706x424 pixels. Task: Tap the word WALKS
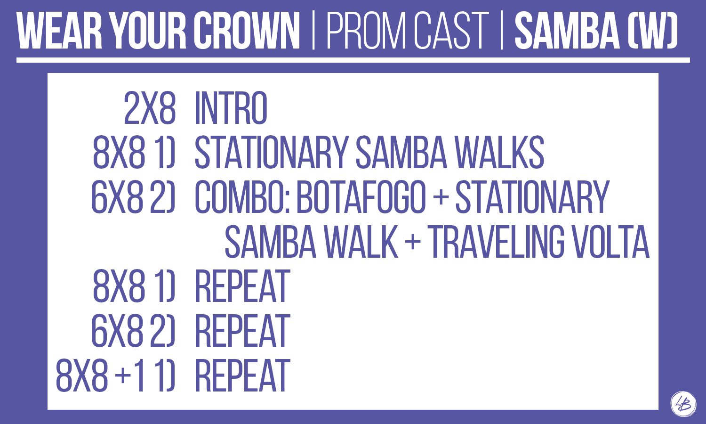click(x=499, y=152)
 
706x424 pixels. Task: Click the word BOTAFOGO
click(x=361, y=197)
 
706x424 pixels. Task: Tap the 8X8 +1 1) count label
click(x=115, y=375)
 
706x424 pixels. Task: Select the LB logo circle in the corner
click(x=683, y=404)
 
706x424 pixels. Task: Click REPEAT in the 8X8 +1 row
click(x=242, y=375)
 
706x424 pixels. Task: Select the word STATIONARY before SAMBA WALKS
click(x=272, y=152)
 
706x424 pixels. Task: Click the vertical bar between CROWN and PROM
click(x=313, y=31)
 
